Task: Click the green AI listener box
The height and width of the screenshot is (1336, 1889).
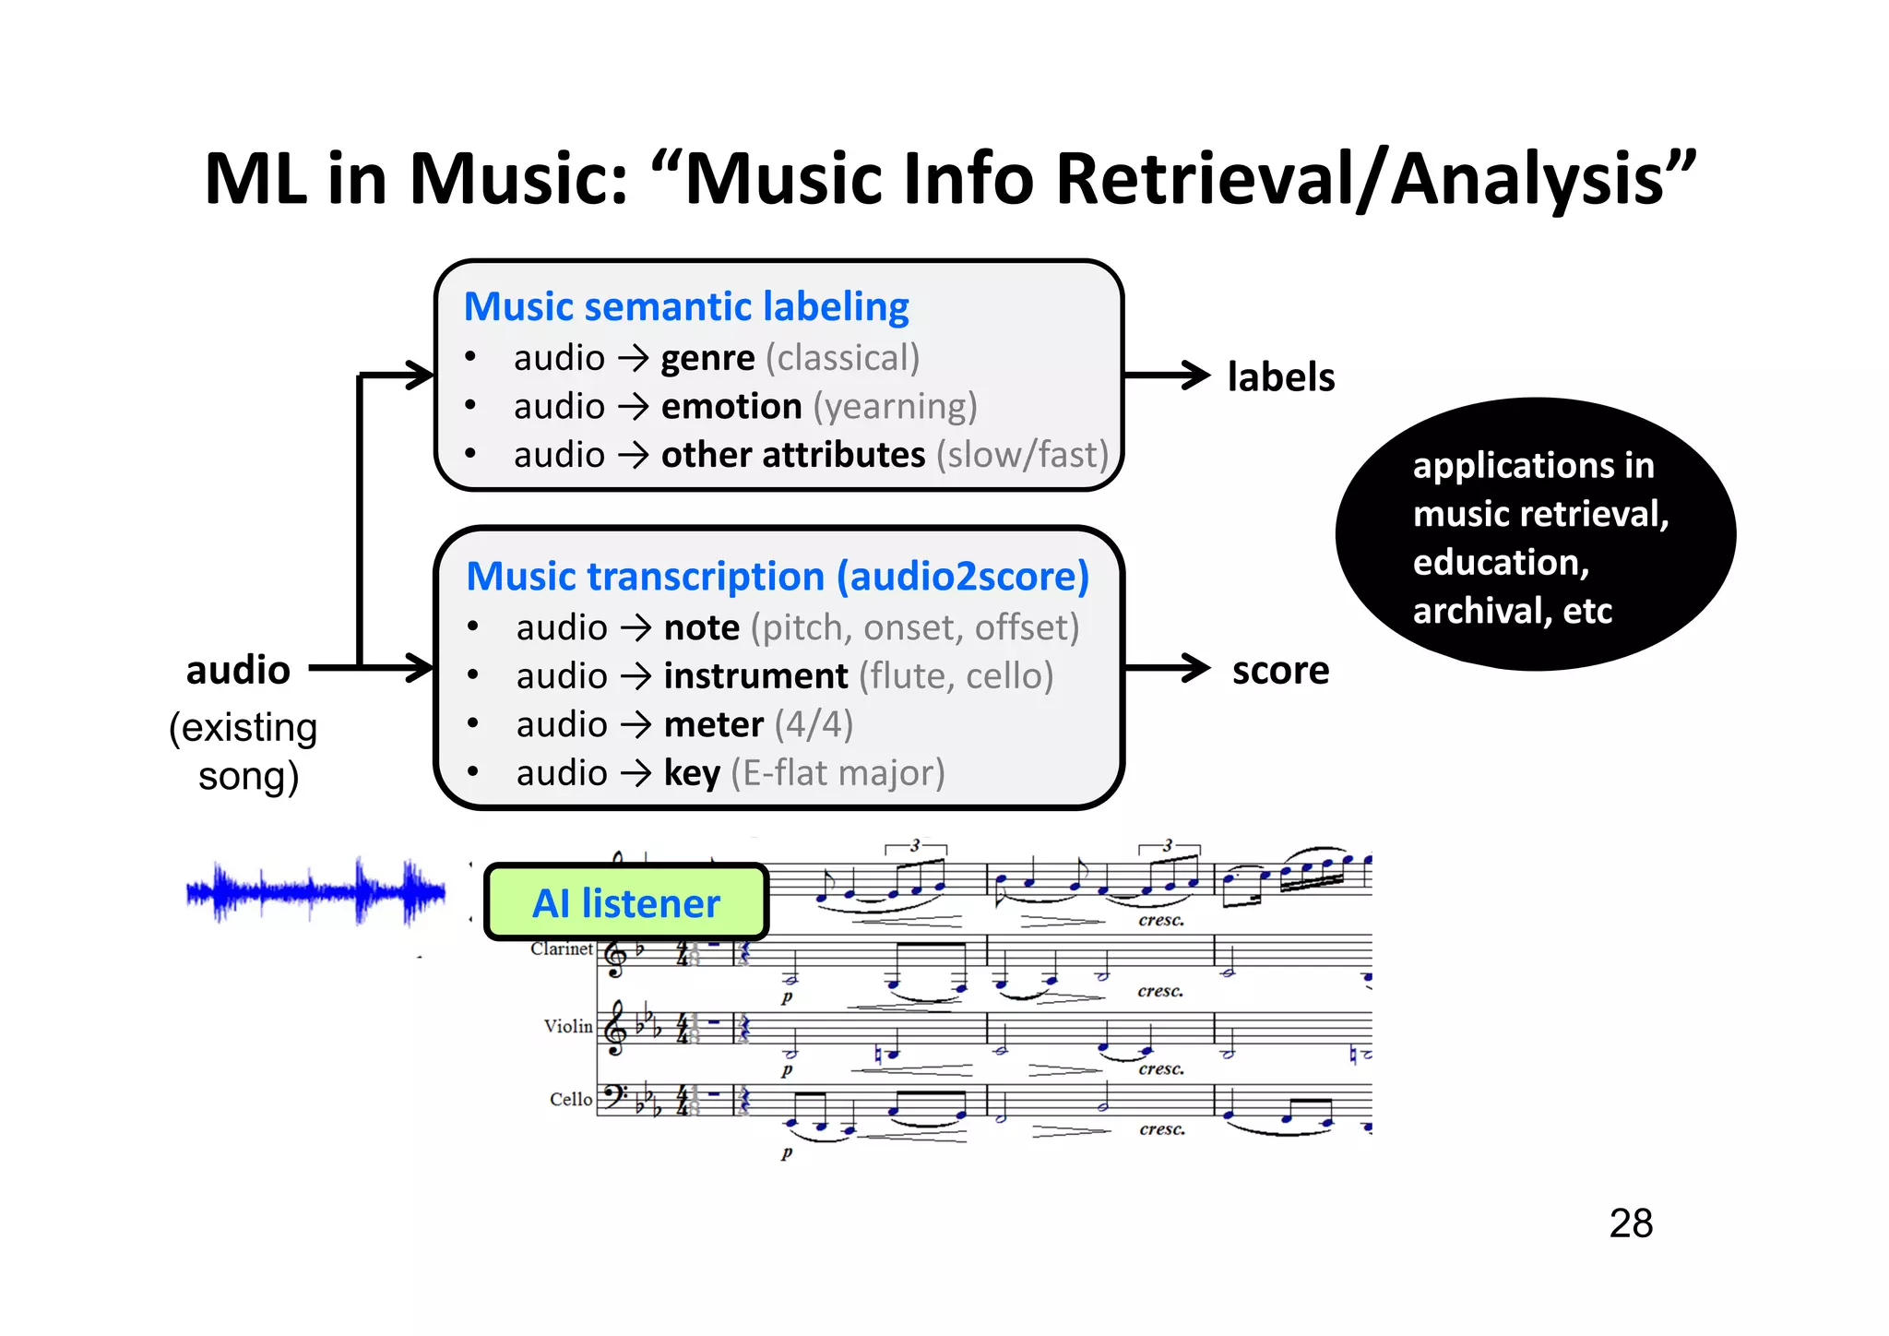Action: coord(626,902)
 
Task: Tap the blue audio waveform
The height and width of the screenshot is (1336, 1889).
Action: coord(315,891)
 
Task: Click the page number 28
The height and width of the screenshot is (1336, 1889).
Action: coord(1630,1223)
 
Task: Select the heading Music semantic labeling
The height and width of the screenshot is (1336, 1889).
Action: coord(686,306)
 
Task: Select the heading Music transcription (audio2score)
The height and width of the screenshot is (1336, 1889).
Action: coord(778,577)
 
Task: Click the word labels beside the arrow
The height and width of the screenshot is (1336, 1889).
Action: coord(1280,377)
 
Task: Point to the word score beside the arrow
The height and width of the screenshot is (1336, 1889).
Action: coord(1280,671)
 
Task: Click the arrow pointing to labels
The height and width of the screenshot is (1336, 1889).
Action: coord(1166,376)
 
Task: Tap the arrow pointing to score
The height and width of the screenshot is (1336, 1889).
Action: coord(1166,668)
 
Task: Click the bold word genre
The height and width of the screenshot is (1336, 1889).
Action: coord(707,358)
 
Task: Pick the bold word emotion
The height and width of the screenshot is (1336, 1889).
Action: coord(731,407)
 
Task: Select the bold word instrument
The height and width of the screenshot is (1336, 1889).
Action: coord(755,676)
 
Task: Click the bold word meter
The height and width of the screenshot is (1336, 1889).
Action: coord(714,725)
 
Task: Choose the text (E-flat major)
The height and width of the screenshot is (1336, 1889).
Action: coord(838,773)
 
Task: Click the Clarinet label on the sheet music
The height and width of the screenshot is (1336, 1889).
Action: coord(561,948)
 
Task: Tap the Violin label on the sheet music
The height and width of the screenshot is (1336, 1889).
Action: coord(567,1026)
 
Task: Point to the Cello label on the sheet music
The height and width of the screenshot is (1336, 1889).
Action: coord(570,1099)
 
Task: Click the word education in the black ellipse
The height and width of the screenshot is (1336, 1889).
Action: coord(1500,563)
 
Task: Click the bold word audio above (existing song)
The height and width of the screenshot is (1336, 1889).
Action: coord(238,671)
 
